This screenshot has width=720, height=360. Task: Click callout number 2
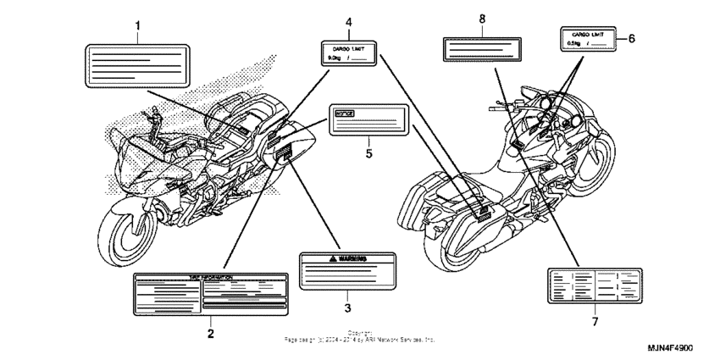pyautogui.click(x=209, y=333)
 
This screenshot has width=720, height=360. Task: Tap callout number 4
pyautogui.click(x=348, y=21)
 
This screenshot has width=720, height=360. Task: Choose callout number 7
pyautogui.click(x=594, y=322)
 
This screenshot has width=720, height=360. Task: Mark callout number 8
pyautogui.click(x=481, y=19)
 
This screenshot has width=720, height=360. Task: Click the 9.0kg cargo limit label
pyautogui.click(x=348, y=53)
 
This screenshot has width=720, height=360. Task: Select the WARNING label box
pyautogui.click(x=346, y=269)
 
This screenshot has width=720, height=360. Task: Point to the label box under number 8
pyautogui.click(x=481, y=48)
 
